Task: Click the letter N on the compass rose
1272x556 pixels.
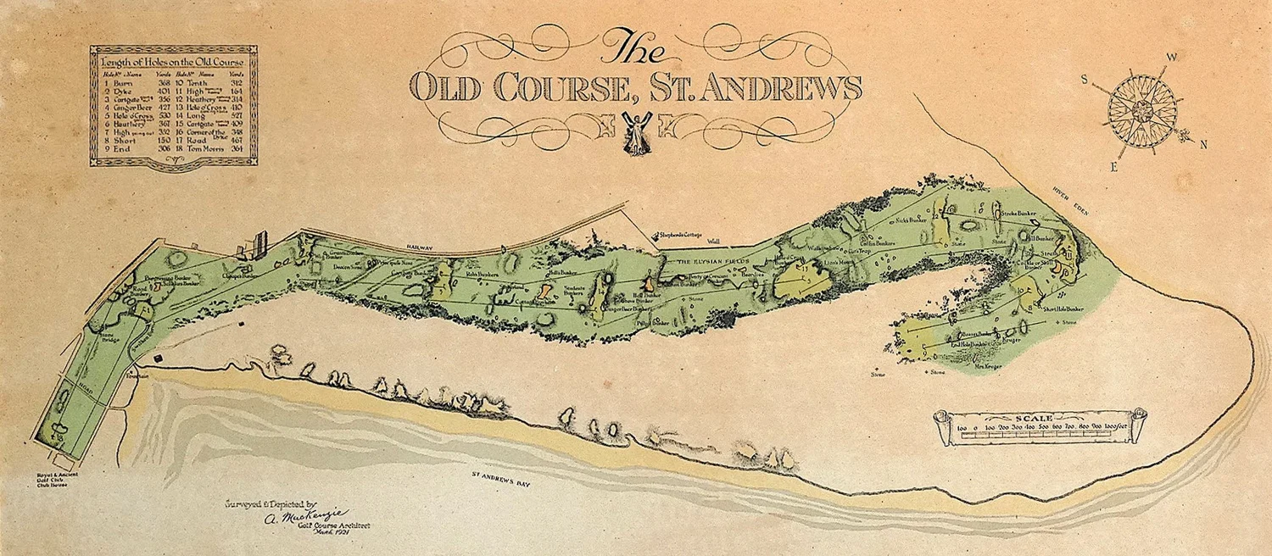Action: (x=1202, y=144)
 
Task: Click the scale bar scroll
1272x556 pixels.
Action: (x=1039, y=427)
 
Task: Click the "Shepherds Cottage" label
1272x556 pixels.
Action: (x=685, y=235)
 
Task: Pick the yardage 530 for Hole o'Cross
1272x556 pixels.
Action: (x=164, y=114)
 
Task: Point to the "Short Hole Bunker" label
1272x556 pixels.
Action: (x=1063, y=309)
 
